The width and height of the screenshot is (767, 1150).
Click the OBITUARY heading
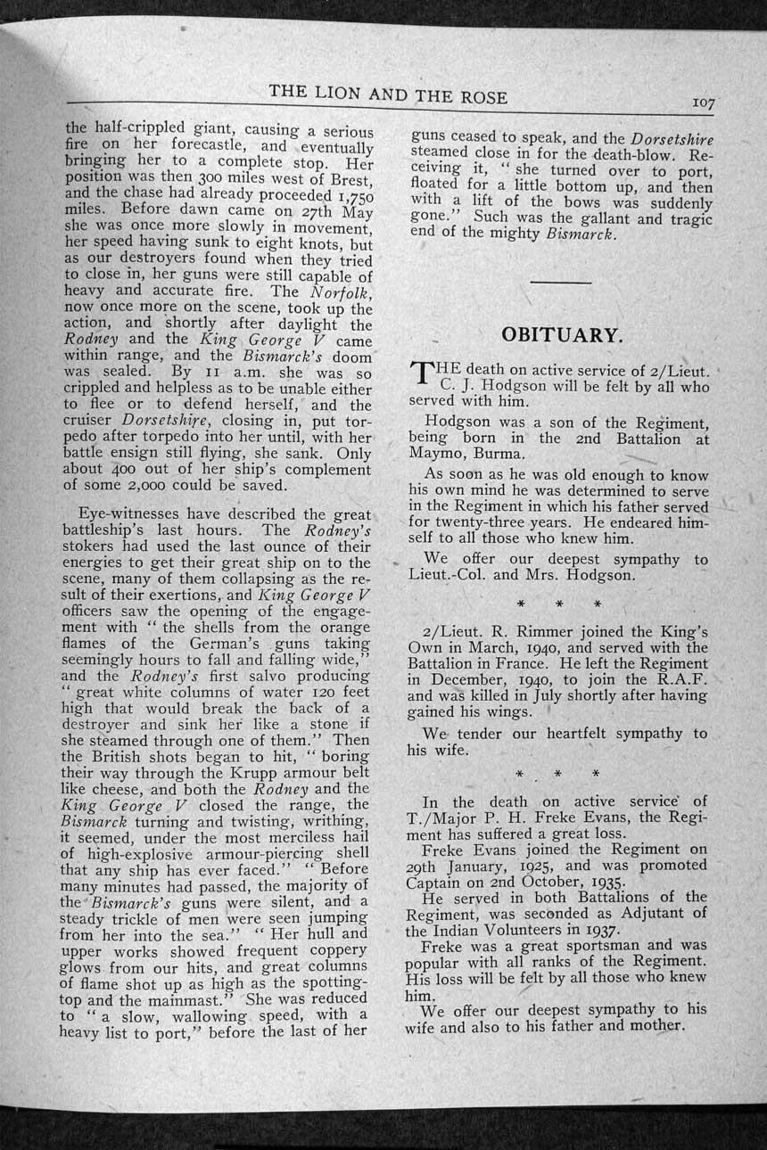coord(560,335)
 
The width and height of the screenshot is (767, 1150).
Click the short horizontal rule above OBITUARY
coord(560,283)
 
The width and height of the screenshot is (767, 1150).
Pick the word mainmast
coord(202,999)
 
